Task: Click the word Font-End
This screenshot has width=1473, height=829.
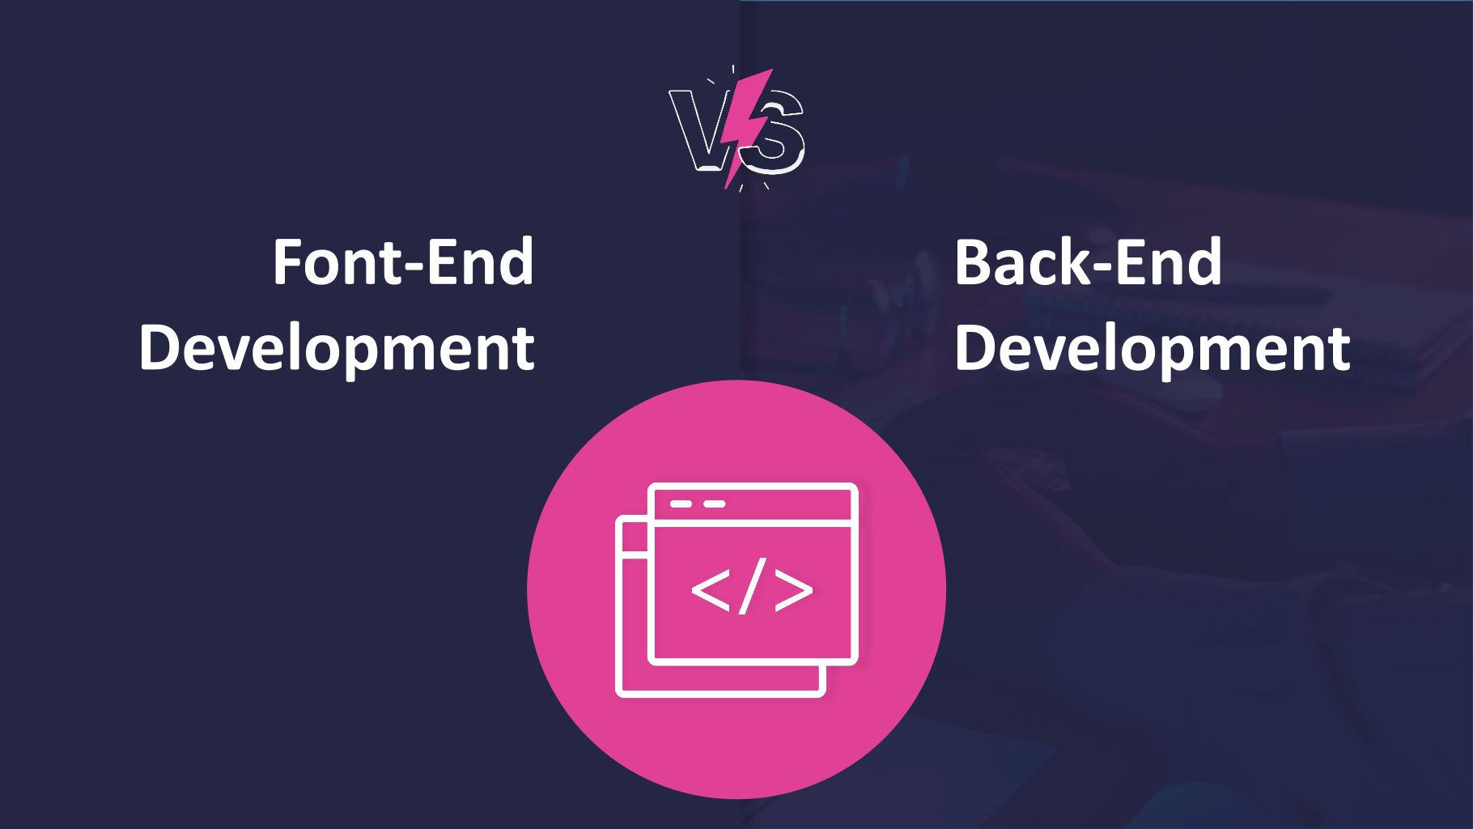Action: coord(403,261)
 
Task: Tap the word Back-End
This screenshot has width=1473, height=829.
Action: coord(1088,261)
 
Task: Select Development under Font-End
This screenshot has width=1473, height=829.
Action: coord(337,348)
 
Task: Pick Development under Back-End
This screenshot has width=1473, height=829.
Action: coord(1153,348)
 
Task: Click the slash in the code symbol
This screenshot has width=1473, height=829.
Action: coord(753,585)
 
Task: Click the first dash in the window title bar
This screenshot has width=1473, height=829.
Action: coord(681,504)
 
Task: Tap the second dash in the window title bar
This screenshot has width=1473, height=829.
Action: coord(714,504)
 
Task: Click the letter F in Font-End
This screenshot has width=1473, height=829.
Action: coord(287,261)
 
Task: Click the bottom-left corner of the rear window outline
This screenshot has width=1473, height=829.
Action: coord(619,694)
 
